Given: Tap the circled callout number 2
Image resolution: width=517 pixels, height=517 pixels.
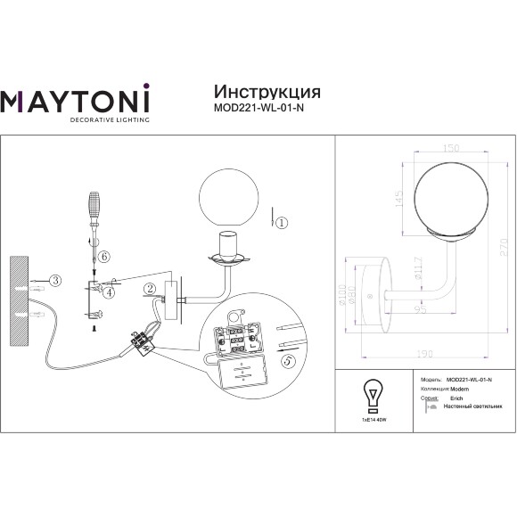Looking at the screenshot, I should (151, 287).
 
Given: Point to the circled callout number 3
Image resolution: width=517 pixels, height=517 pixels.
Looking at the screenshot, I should (54, 281).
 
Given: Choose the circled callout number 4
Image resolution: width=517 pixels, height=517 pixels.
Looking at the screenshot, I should (109, 291).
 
